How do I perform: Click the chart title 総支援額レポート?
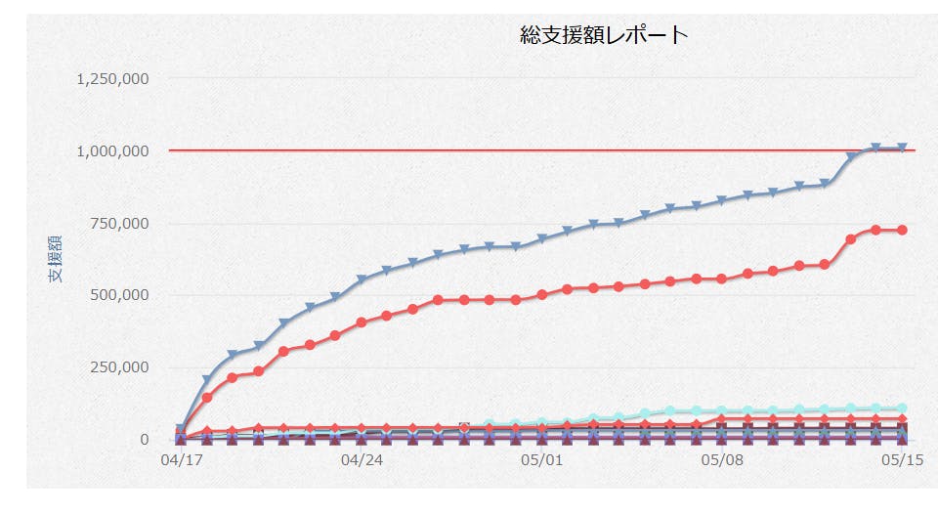point(604,36)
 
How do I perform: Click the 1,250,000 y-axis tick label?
point(112,79)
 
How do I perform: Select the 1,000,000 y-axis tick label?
point(112,151)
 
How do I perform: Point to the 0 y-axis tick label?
point(143,440)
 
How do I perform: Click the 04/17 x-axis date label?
point(179,459)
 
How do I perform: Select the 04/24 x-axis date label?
point(362,459)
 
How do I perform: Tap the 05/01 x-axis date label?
point(542,459)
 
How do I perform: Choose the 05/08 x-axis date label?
point(722,459)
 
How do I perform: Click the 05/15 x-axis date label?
point(903,459)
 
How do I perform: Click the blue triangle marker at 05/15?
point(902,149)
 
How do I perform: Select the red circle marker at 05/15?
point(902,230)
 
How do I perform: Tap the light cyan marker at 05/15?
point(902,408)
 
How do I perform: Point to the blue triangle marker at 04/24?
point(362,280)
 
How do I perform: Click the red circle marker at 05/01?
point(541,294)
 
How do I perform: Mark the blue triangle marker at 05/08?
point(722,201)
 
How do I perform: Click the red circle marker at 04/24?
point(362,322)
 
